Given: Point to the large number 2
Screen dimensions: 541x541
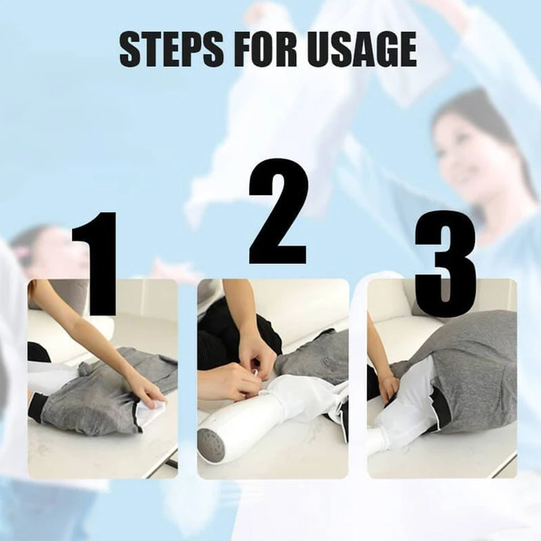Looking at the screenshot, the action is tap(278, 212).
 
